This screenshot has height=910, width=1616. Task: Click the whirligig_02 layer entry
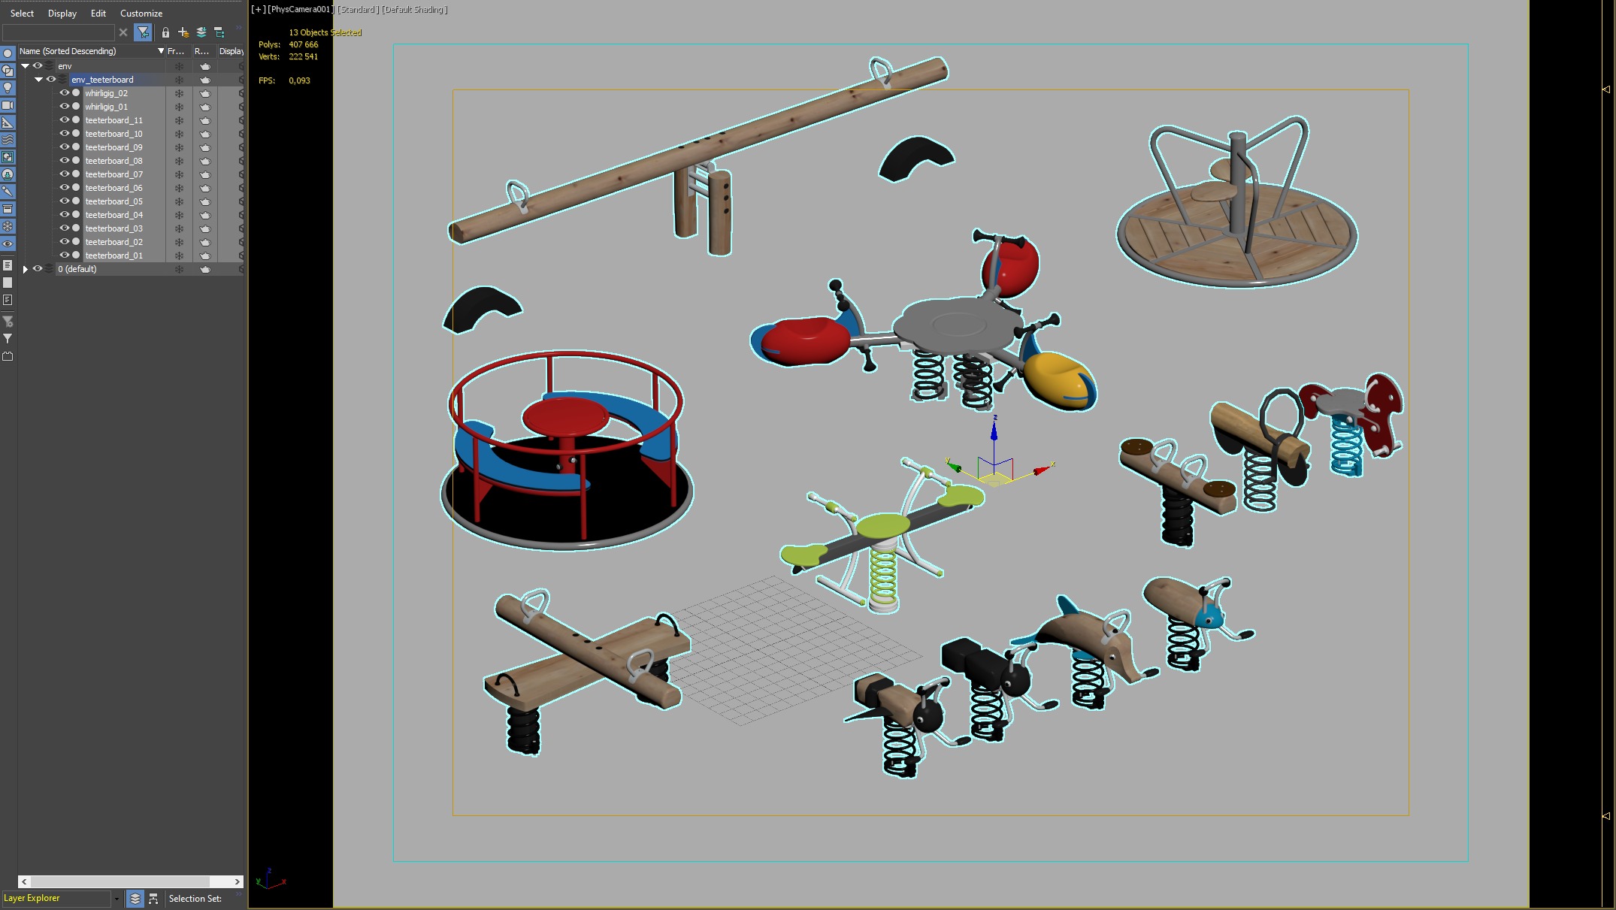point(106,93)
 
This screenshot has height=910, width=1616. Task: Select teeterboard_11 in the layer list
point(113,120)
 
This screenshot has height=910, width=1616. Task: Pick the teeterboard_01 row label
point(113,255)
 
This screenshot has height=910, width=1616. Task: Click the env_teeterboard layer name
point(102,80)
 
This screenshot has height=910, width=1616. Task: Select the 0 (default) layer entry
point(77,269)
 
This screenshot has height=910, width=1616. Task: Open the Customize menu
point(141,14)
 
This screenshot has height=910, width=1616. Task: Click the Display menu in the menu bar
point(62,14)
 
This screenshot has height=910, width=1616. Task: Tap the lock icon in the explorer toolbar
point(165,32)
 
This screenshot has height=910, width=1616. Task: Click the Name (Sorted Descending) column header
point(68,51)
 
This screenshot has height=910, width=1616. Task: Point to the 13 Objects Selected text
point(325,32)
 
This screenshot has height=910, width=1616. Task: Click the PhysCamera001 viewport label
point(301,10)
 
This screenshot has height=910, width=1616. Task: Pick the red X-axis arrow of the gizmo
point(1042,470)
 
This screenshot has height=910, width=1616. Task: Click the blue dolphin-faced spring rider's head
point(1209,617)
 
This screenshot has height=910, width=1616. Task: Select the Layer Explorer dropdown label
point(32,898)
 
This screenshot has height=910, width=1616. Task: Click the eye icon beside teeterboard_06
point(65,188)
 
